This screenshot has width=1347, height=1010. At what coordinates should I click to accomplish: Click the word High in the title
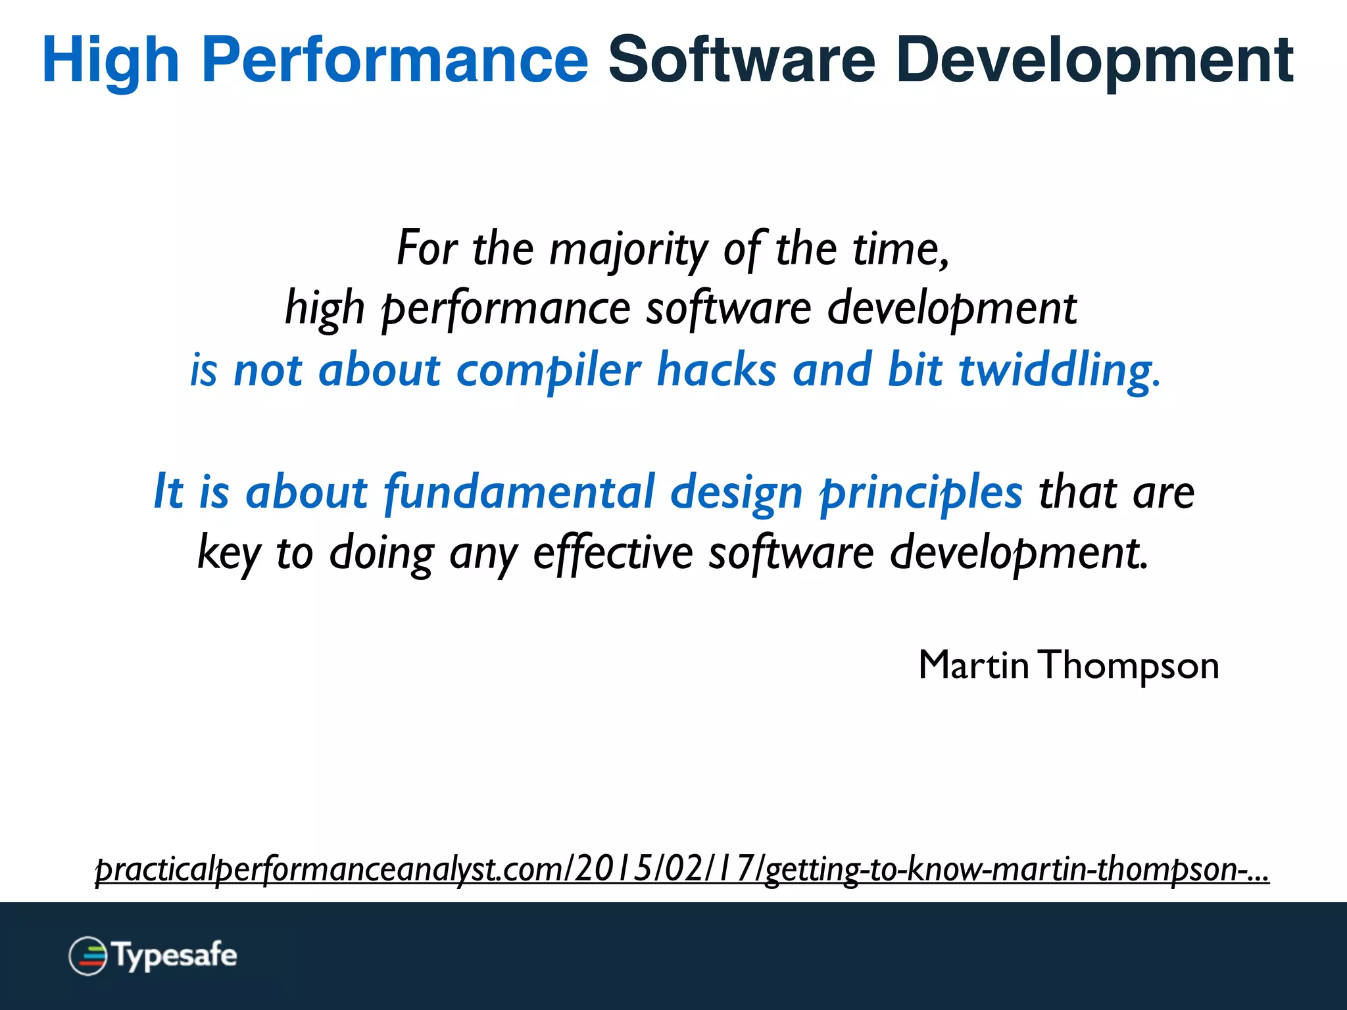click(110, 60)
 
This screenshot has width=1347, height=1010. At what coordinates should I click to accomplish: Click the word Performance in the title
click(395, 60)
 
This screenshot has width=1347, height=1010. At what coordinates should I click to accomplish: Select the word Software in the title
click(742, 60)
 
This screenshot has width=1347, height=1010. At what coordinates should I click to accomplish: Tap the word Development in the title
click(1094, 60)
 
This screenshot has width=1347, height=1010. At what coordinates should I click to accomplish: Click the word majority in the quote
click(628, 250)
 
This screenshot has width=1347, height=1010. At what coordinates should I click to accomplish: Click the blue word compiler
click(549, 370)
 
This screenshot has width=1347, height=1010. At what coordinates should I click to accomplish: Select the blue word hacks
click(717, 370)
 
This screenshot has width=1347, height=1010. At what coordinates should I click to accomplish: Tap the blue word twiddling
click(1059, 370)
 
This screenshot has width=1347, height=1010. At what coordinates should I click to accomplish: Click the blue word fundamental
click(520, 492)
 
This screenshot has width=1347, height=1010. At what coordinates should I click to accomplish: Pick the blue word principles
click(921, 492)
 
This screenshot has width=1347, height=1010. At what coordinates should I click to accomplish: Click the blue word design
click(737, 492)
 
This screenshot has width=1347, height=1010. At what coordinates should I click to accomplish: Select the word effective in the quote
click(613, 552)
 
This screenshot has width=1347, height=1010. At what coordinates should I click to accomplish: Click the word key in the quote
click(229, 552)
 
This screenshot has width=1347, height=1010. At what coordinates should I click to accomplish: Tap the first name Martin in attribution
click(973, 665)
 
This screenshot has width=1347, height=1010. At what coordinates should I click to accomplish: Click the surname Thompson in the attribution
click(1130, 665)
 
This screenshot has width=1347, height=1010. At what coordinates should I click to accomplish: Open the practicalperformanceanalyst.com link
click(681, 869)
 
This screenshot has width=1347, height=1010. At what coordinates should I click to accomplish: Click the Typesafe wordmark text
click(174, 955)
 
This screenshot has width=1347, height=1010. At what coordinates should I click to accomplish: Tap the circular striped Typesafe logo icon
click(88, 955)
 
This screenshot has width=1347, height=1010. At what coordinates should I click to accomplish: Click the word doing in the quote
click(381, 552)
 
